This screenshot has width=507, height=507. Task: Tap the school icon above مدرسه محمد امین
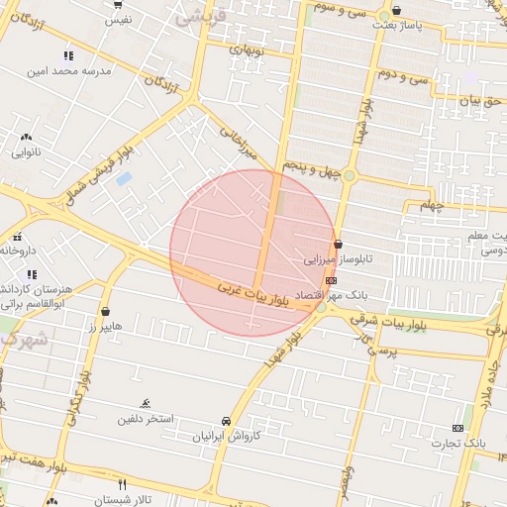click(x=67, y=56)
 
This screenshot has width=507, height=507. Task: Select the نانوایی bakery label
click(x=26, y=152)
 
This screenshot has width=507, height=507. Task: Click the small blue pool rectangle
click(x=124, y=179)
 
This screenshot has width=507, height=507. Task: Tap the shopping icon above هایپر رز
click(x=105, y=312)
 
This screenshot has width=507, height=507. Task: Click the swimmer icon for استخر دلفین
click(x=147, y=403)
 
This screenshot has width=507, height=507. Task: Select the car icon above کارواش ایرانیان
click(x=227, y=420)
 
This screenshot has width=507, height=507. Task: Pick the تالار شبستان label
click(x=131, y=500)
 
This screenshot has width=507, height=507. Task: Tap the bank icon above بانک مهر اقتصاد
click(x=331, y=280)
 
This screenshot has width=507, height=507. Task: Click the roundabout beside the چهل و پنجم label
click(x=349, y=176)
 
